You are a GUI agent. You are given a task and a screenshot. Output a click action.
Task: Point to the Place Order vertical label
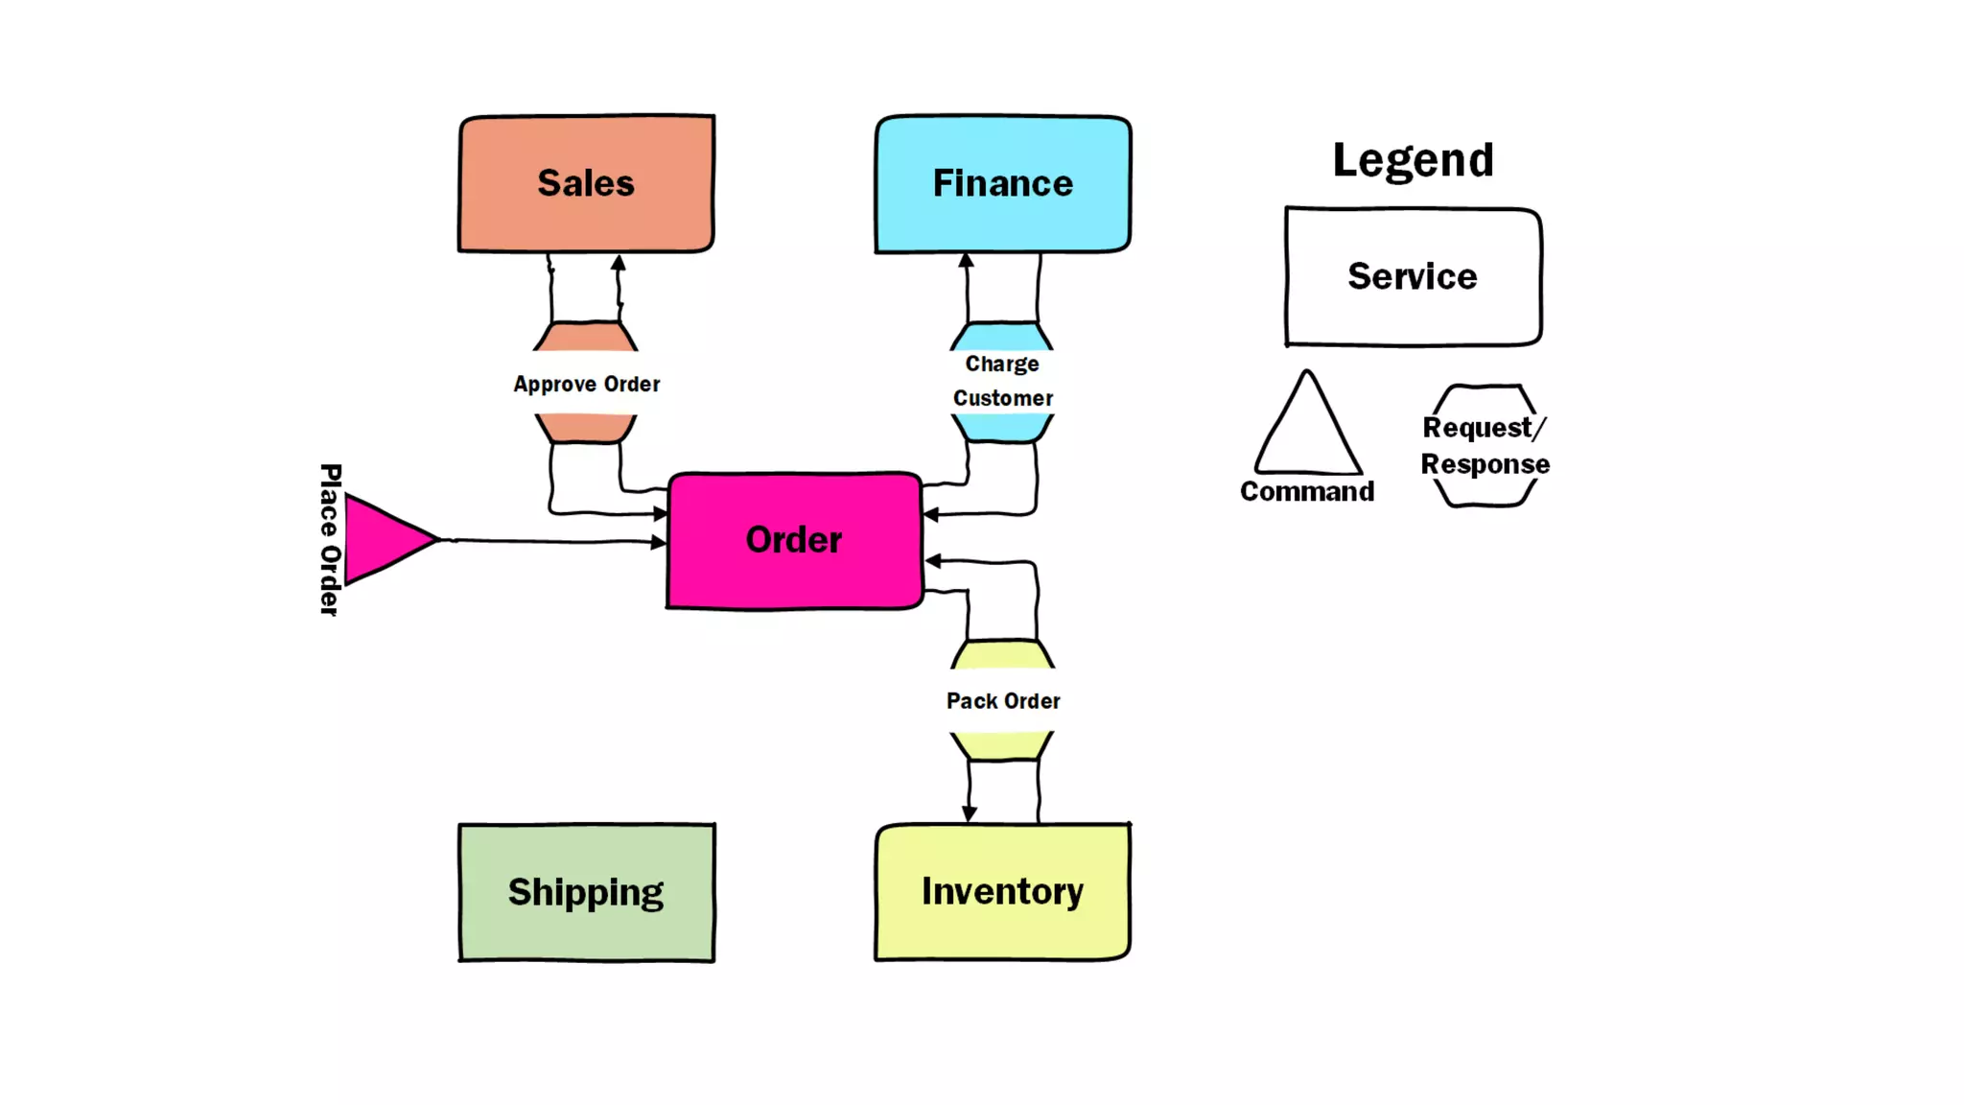(330, 539)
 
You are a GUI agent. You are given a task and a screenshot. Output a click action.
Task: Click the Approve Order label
(586, 384)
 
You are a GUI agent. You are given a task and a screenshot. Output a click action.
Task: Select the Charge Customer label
(1002, 381)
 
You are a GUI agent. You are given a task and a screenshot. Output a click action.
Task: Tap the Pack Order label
(1003, 701)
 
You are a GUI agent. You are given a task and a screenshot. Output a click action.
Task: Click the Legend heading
(1413, 160)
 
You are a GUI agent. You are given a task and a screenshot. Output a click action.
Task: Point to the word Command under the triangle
(1307, 491)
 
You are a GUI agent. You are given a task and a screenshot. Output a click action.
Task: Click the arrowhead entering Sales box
(619, 262)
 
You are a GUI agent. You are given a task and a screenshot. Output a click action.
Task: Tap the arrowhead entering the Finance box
(966, 261)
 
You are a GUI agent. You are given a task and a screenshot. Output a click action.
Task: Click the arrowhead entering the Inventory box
(969, 813)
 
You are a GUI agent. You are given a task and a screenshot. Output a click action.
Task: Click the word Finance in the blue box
(1002, 183)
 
